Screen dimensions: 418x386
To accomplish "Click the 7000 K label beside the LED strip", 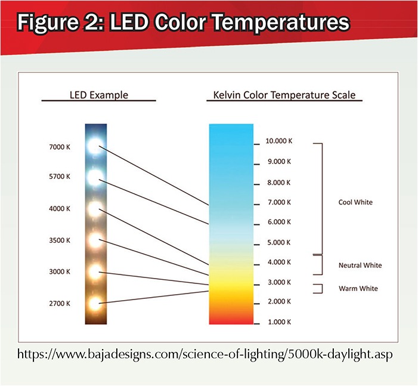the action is (60, 147).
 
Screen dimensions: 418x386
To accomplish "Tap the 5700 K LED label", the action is (60, 177).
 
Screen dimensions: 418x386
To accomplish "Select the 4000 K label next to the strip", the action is (60, 209).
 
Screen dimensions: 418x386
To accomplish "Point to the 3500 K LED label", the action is (60, 240).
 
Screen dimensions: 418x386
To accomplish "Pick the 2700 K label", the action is (60, 304).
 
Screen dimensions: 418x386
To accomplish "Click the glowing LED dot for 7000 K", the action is (95, 146).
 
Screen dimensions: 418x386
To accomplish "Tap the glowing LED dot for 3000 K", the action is (95, 272).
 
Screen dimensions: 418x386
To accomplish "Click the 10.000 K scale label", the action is (279, 141).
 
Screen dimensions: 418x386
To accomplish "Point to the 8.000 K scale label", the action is (279, 183).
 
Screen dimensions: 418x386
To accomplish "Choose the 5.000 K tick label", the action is (279, 242).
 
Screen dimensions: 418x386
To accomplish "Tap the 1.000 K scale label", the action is (279, 322).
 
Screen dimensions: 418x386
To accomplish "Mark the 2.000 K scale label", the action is (279, 301).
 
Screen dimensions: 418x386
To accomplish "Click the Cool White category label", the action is (355, 202).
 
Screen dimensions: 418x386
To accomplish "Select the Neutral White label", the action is (360, 265).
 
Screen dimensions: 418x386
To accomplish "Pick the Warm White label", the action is (358, 289).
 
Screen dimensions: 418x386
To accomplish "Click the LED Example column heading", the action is (99, 95).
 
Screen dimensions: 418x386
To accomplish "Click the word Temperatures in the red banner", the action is (281, 22).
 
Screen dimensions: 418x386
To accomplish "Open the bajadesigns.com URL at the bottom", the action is (205, 354).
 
